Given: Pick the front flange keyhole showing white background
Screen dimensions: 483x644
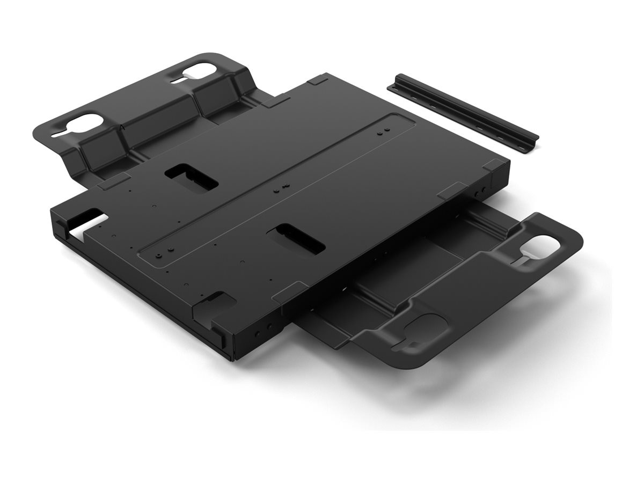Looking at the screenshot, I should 542,245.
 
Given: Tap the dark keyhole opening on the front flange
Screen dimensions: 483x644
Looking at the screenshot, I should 424,328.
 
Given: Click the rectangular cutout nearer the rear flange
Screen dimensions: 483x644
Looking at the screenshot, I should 191,178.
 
